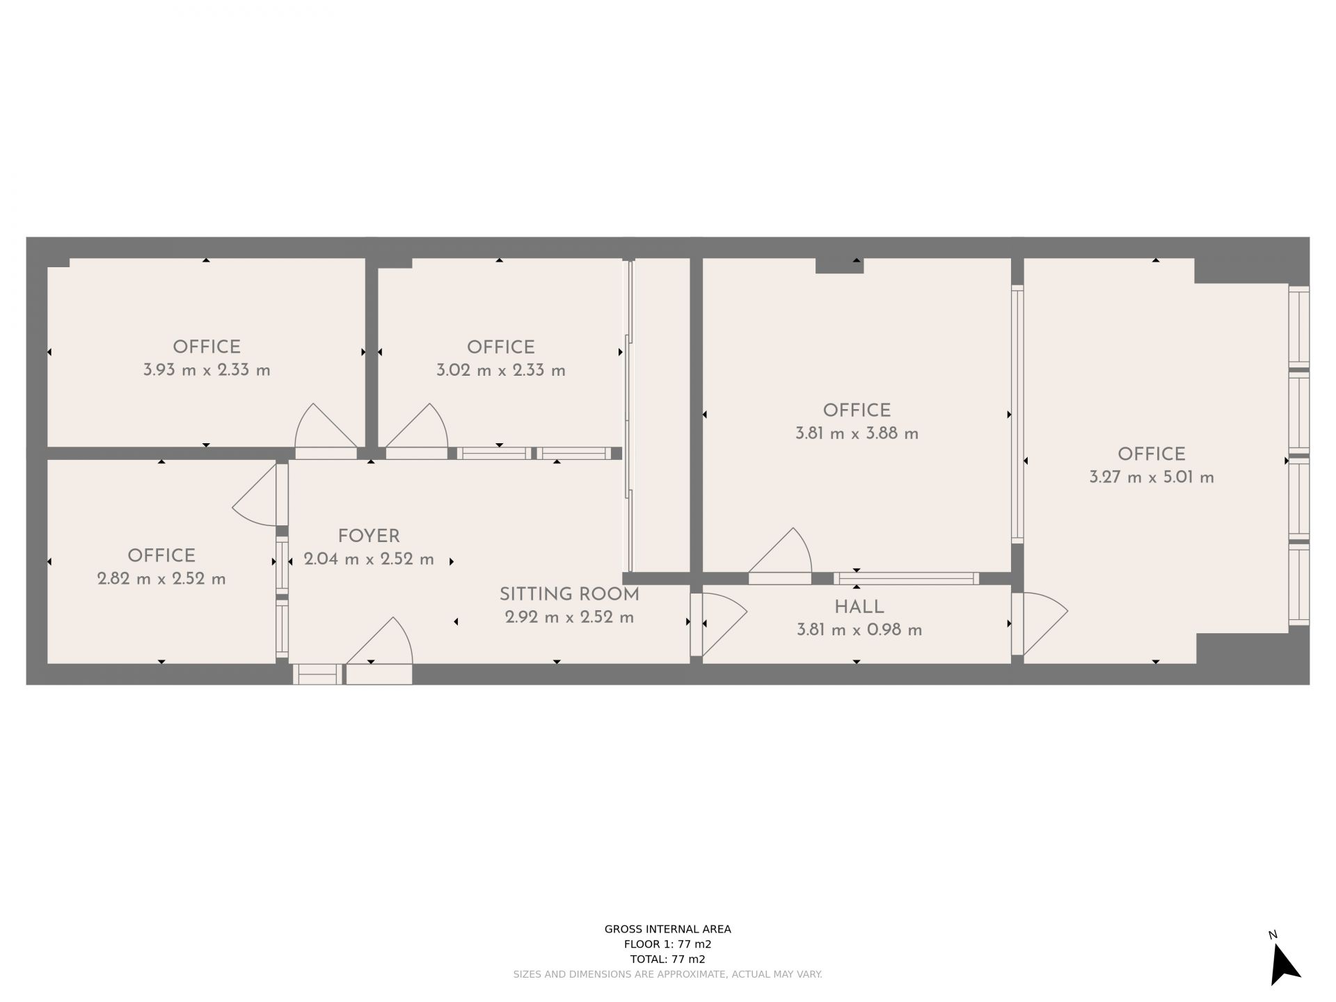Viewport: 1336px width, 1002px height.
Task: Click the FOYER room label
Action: [x=369, y=536]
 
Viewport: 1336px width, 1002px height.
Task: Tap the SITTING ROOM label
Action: [x=569, y=594]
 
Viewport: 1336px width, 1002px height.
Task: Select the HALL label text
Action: [x=859, y=607]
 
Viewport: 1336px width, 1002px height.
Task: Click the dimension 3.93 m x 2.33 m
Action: [x=207, y=370]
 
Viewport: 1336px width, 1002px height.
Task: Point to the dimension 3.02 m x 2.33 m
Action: [x=501, y=370]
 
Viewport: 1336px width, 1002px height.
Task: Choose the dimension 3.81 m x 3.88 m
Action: [x=857, y=434]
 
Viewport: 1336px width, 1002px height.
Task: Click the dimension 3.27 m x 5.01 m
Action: [x=1152, y=477]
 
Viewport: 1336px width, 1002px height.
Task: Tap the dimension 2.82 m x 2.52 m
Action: [x=161, y=579]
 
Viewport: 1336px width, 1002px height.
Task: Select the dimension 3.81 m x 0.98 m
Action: [x=859, y=630]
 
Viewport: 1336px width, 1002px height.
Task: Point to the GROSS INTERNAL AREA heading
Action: [x=668, y=929]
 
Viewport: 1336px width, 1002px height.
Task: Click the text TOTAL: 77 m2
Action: [x=668, y=959]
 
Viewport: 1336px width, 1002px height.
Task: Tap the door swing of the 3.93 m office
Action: [x=326, y=426]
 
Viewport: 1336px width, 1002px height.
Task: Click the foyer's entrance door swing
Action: [x=380, y=640]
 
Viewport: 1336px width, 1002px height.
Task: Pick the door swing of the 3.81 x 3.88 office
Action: [x=781, y=551]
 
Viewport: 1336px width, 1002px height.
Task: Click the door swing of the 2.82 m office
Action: [x=255, y=495]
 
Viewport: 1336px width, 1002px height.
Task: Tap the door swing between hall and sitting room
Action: [x=724, y=624]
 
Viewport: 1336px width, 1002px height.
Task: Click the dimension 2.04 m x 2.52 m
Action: [x=369, y=559]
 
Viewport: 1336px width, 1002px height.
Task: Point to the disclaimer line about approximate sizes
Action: [x=668, y=975]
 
